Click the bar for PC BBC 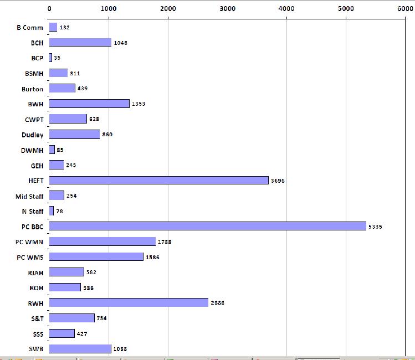208,226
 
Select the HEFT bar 159,180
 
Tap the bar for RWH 129,302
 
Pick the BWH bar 89,104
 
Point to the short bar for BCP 51,58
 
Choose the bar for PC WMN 103,241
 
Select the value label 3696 278,181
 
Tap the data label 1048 120,43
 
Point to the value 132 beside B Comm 64,27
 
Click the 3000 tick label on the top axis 227,8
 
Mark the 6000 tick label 405,8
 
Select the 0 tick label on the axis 50,8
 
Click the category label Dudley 33,135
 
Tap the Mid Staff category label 29,196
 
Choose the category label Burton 33,89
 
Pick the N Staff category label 33,211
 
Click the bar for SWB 80,348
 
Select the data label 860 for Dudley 107,135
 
